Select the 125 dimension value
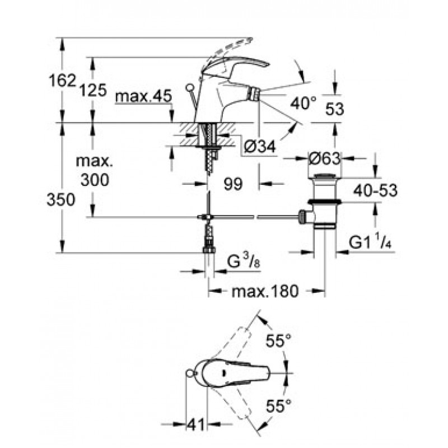pos(92,89)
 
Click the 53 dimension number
pos(334,110)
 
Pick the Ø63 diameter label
pos(324,158)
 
